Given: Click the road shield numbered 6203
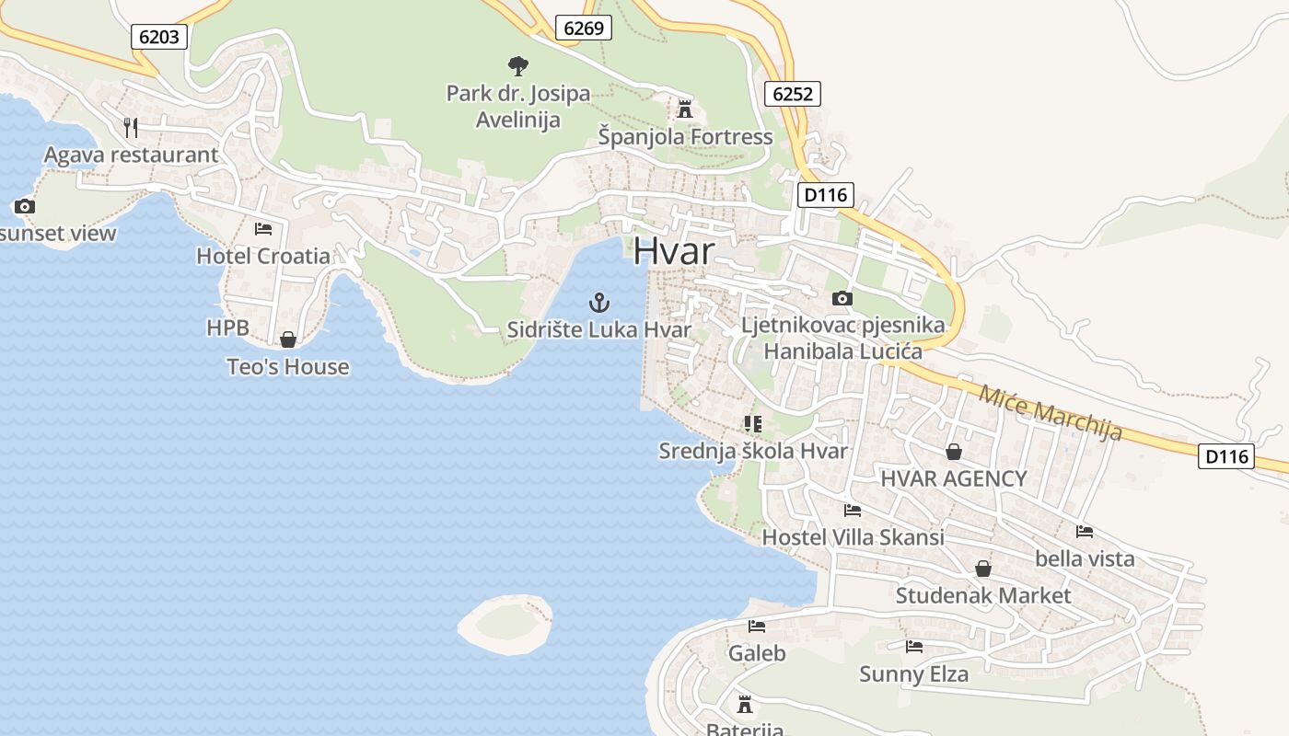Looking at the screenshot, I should [x=160, y=37].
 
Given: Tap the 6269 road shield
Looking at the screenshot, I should [x=584, y=28].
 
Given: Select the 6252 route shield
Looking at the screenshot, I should [x=792, y=94].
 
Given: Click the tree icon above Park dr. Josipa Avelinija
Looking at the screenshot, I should [x=518, y=65].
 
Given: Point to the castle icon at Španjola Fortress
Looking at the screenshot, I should [x=684, y=109].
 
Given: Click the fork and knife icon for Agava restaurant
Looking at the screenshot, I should [x=131, y=127].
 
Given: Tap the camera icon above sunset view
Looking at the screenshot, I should [x=25, y=206].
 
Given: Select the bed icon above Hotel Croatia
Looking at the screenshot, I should [x=263, y=228].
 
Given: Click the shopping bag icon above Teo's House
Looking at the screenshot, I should [x=288, y=339].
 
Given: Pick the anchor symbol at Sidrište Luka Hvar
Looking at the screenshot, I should [x=599, y=302].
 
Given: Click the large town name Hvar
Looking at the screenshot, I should [x=674, y=251].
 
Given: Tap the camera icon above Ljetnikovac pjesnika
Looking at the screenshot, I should [x=842, y=298].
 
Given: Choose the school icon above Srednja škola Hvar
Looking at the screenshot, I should [x=753, y=424].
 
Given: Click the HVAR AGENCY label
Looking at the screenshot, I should [x=953, y=478].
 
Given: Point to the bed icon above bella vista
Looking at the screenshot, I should [x=1085, y=532].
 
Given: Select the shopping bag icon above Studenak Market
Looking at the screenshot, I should [x=983, y=569].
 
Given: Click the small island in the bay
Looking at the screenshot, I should [x=505, y=623].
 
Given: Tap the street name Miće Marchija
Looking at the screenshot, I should [x=1051, y=413].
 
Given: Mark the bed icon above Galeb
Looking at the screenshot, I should [x=757, y=627].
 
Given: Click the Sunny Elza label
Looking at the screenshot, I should [x=913, y=674].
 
